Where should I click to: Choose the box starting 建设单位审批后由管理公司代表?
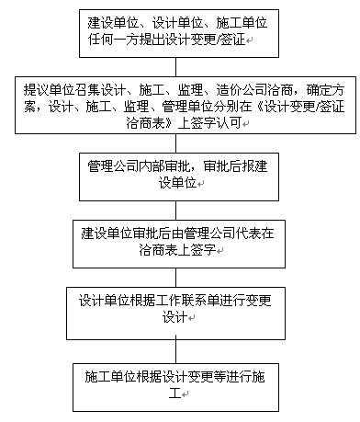pos(180,241)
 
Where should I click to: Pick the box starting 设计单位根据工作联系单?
pos(180,309)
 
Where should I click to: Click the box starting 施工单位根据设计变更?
pos(180,383)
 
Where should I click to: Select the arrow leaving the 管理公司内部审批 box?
pos(181,209)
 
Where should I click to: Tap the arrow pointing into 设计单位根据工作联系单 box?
pos(181,276)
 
